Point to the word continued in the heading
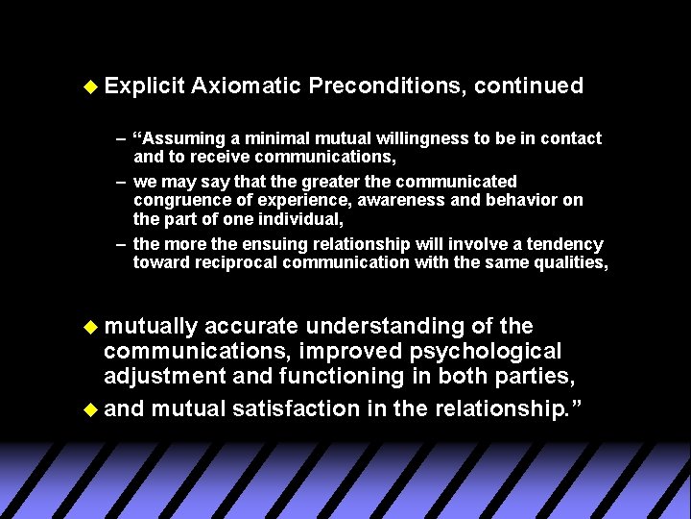(529, 86)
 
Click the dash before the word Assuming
(121, 138)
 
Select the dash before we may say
(121, 182)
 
